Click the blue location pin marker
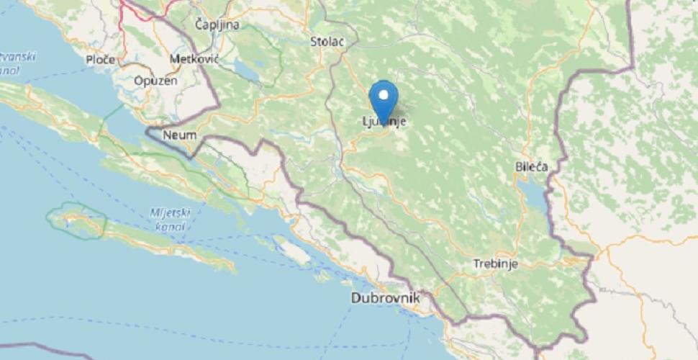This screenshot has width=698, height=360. coord(383,101)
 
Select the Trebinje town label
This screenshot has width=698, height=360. coord(496,264)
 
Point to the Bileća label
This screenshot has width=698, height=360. coord(531,166)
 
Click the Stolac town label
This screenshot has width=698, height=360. coord(327,41)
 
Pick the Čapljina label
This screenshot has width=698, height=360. coord(217,24)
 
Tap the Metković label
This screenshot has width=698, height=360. coord(194,58)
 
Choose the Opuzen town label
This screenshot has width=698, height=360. coord(155,81)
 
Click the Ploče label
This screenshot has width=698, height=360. coord(100,59)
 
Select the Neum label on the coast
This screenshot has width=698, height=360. coord(180,135)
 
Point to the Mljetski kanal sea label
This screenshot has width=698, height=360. coord(168,220)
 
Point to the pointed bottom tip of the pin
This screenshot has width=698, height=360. coord(383,124)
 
